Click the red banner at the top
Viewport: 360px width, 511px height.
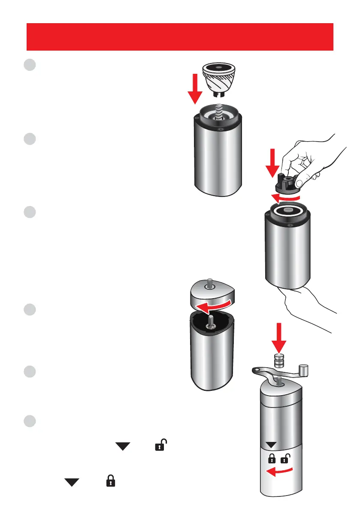click(x=180, y=36)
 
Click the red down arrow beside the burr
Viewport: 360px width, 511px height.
click(x=194, y=88)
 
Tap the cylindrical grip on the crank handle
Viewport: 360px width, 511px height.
click(x=304, y=370)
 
